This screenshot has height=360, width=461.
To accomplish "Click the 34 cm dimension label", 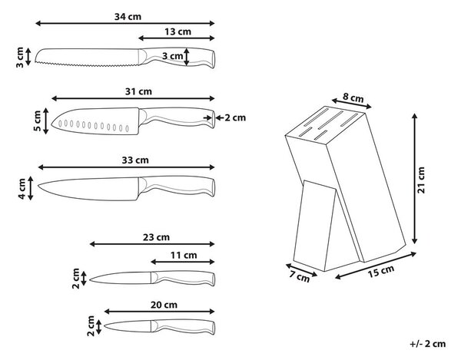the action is point(128,16).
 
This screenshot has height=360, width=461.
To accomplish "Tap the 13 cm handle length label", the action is point(177,31).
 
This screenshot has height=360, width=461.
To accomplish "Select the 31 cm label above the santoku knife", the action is point(138,91).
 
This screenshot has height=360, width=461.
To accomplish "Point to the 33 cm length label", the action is point(135,160).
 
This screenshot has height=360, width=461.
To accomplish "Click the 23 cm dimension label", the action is point(157,237).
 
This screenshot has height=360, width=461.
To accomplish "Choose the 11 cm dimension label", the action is point(184,255).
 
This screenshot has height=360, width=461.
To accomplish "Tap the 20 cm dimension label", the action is point(164,305).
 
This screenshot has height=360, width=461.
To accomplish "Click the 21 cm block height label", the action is point(421,180).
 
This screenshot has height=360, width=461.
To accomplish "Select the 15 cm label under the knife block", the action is point(381,271).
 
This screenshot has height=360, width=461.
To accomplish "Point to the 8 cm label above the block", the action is point(353,97).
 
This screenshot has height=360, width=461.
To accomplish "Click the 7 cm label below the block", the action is point(300,276).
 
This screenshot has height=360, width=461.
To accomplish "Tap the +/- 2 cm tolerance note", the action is point(428,344).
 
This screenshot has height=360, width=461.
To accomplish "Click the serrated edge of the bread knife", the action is point(87,64).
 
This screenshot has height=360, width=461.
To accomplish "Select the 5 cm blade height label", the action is point(37,121).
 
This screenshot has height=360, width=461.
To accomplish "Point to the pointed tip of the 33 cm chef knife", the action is point(38,185).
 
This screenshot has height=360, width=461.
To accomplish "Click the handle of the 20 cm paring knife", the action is point(183,327).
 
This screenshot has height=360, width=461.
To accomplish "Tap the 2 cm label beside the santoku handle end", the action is point(235,117).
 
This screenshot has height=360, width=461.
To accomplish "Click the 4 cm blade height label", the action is point(22,189).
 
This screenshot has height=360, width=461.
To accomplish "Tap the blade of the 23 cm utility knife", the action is point(121,278).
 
